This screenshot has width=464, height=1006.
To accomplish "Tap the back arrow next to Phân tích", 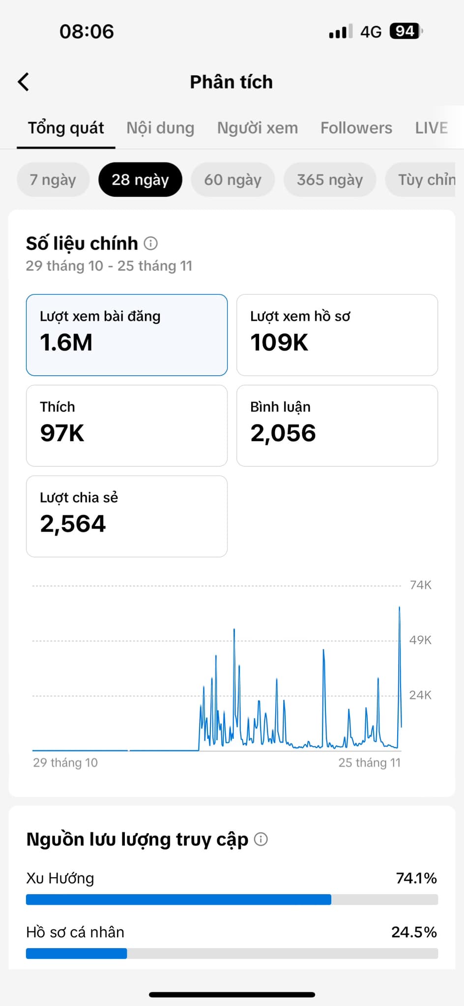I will click(24, 82).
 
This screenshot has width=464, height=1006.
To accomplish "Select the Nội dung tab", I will click(160, 128).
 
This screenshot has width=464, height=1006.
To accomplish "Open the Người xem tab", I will click(258, 128).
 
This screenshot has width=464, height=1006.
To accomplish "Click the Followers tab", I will click(356, 128).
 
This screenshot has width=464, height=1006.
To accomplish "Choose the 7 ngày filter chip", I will click(53, 180).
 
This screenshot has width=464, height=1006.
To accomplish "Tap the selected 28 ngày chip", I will click(140, 180).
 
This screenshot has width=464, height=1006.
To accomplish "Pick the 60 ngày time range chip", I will click(232, 180).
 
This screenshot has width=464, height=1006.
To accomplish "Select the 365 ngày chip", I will click(330, 180).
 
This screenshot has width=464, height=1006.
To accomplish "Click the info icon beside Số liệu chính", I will click(151, 243).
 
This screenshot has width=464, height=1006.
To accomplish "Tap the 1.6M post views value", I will click(66, 342).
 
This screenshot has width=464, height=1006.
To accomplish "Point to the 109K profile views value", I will click(279, 342).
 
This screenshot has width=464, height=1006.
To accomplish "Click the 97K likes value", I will click(62, 433).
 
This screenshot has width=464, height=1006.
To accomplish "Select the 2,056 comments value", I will click(283, 433).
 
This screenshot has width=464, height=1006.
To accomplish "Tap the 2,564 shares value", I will click(73, 524).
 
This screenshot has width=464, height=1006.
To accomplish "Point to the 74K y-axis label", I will click(420, 585).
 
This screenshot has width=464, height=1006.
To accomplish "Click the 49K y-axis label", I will click(420, 640).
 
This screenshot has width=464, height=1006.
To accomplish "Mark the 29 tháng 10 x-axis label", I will click(65, 762).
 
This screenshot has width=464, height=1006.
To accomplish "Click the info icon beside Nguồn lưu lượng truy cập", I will click(261, 839).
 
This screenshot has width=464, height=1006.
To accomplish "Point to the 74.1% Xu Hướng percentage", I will click(416, 878).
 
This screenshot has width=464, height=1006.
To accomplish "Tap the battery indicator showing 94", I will click(406, 31).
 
